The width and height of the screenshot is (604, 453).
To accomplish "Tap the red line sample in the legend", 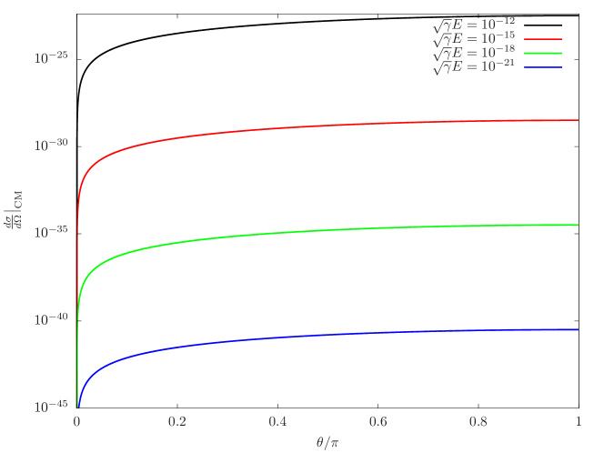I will [543, 40].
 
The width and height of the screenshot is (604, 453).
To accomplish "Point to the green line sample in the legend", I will [543, 54].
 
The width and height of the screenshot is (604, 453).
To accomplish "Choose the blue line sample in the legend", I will [543, 67].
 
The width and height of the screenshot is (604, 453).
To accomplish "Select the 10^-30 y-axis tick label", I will [51, 146].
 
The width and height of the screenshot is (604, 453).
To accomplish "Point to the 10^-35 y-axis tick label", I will [51, 233].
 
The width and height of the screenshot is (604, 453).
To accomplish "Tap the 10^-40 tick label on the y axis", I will [51, 320].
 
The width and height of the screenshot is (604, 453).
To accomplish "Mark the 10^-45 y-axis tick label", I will [51, 407].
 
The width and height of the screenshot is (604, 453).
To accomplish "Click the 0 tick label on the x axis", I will [77, 423].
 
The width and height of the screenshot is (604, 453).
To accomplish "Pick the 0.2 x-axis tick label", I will [177, 423].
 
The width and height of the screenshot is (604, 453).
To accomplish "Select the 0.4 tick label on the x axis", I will [277, 423].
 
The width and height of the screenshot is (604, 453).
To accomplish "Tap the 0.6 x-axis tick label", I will [377, 423].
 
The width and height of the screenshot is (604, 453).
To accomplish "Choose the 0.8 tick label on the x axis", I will [478, 423].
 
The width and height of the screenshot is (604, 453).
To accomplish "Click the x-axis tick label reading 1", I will [579, 423].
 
